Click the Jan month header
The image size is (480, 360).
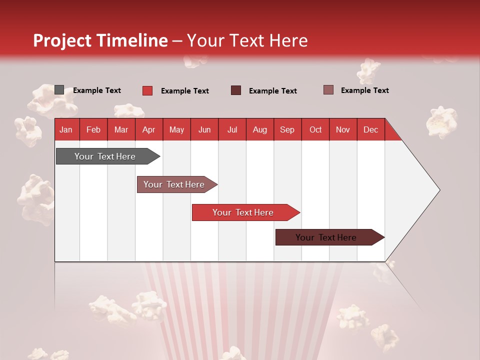(x=66, y=129)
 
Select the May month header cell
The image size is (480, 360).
(x=176, y=129)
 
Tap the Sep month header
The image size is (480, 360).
(x=287, y=129)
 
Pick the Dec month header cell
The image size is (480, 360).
(x=370, y=129)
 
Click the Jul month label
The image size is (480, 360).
(x=232, y=129)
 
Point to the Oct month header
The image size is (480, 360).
(x=315, y=129)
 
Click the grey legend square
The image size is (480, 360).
(x=59, y=90)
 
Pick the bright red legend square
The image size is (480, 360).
(x=147, y=90)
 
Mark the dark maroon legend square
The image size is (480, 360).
(x=236, y=90)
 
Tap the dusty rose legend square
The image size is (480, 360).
(x=328, y=90)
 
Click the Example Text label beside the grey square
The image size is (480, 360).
(x=97, y=90)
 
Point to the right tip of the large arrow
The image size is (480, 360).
(x=439, y=190)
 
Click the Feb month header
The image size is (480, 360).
(x=93, y=129)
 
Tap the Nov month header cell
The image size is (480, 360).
(x=343, y=129)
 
